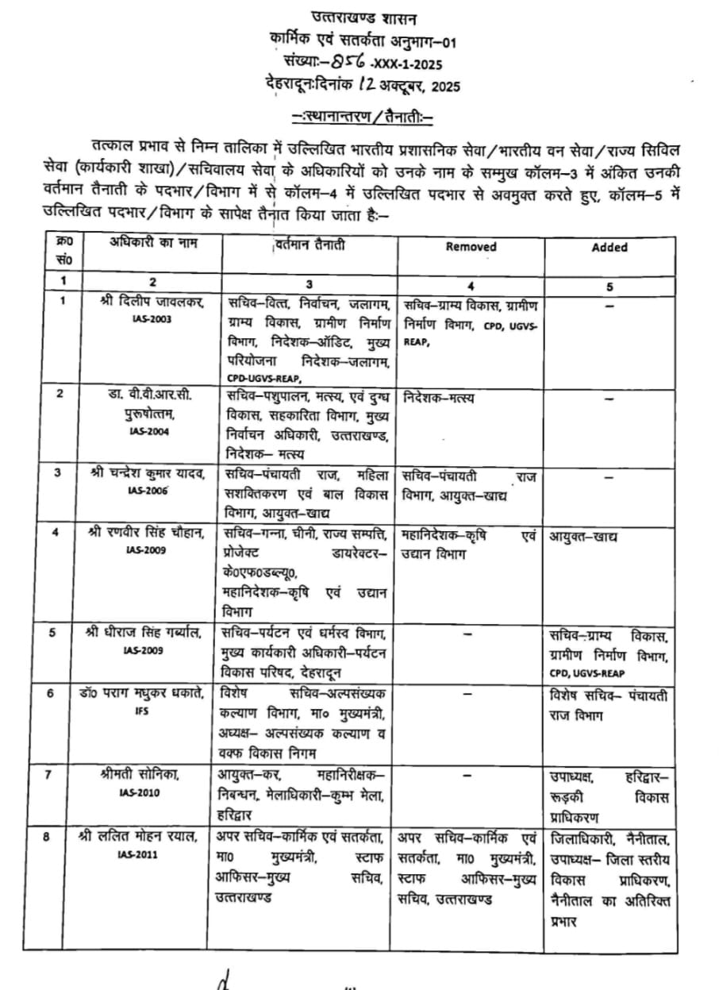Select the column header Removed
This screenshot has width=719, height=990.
(471, 247)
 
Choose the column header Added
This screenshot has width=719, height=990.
(609, 247)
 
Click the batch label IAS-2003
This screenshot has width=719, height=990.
(153, 318)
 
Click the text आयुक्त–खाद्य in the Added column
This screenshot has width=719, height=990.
(583, 537)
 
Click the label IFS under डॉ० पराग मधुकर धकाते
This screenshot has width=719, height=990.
(143, 711)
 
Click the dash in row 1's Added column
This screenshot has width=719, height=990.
(610, 304)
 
